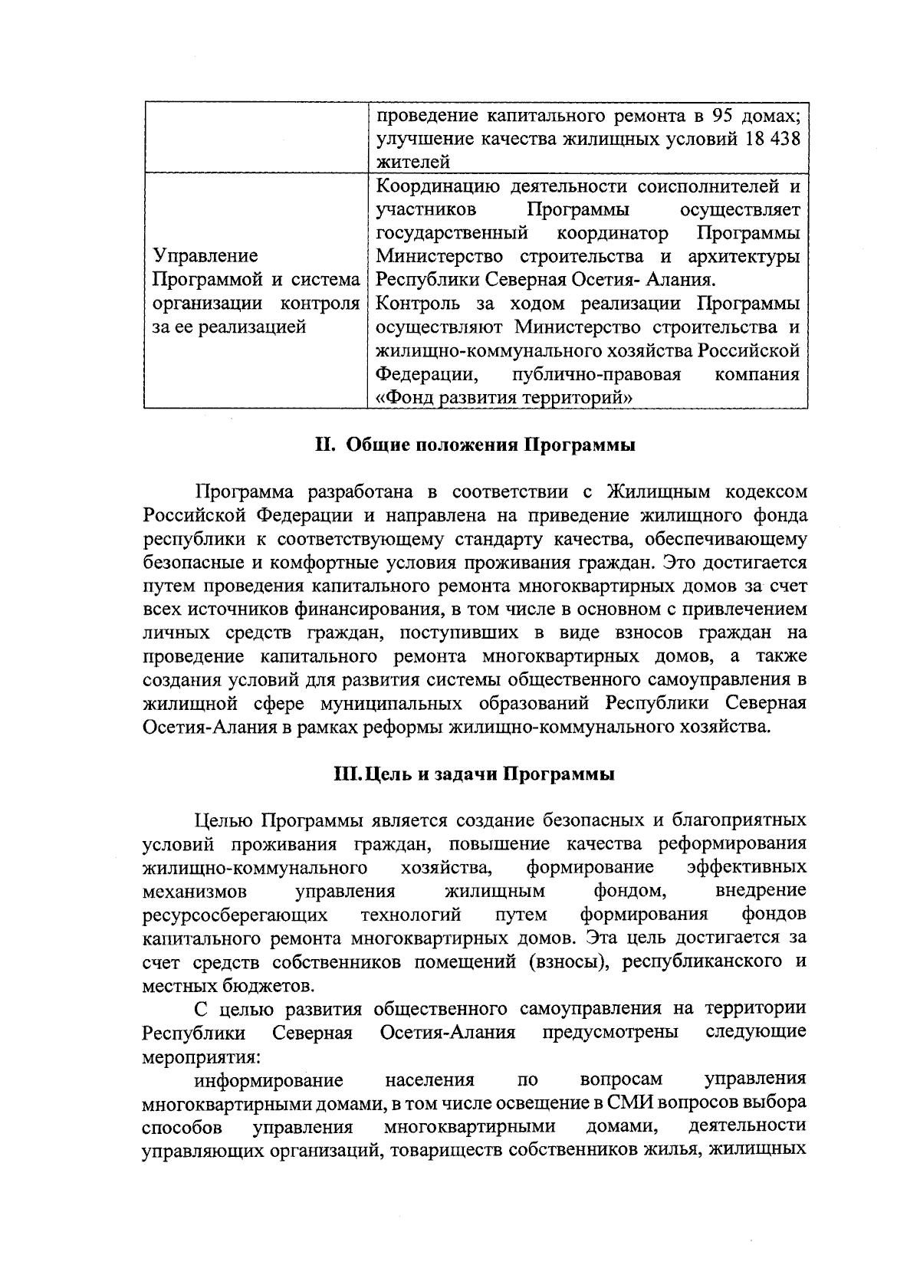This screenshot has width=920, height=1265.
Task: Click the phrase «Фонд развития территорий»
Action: [505, 398]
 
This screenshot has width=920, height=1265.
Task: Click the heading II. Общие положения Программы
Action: [475, 445]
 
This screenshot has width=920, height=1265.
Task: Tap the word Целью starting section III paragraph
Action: [224, 820]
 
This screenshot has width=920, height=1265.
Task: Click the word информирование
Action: [268, 1079]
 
